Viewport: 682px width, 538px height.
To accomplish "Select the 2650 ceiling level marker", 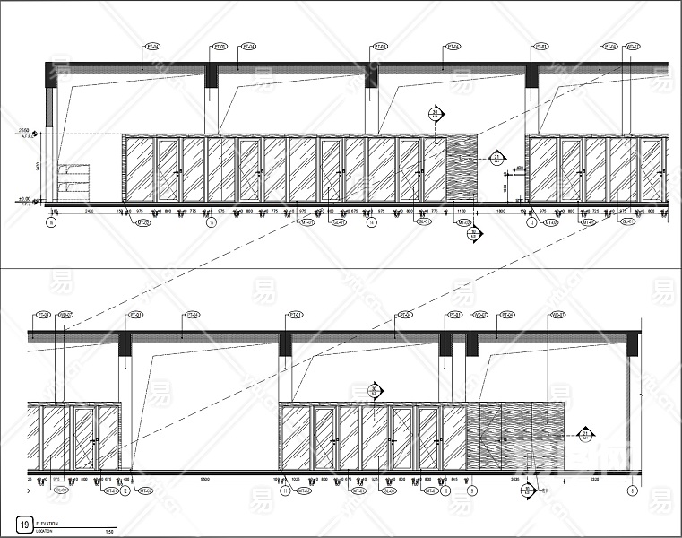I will pos(24,131).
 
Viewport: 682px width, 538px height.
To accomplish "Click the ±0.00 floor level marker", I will pos(24,200).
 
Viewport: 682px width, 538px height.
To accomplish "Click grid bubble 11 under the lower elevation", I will pos(285,490).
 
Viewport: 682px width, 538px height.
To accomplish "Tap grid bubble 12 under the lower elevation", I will pos(125,490).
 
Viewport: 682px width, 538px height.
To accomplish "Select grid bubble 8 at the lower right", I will pos(633,490).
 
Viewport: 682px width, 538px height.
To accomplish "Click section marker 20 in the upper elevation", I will pos(436,114).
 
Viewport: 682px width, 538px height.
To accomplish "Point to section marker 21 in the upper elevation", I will pos(496,159).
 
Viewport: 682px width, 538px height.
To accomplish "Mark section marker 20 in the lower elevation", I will pos(376,390).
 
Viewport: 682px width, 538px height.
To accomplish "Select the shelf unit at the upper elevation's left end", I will pos(73,180).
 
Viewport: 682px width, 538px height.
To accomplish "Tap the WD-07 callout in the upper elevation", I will pos(633,46).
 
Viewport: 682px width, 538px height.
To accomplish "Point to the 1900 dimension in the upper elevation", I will pos(503,210).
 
